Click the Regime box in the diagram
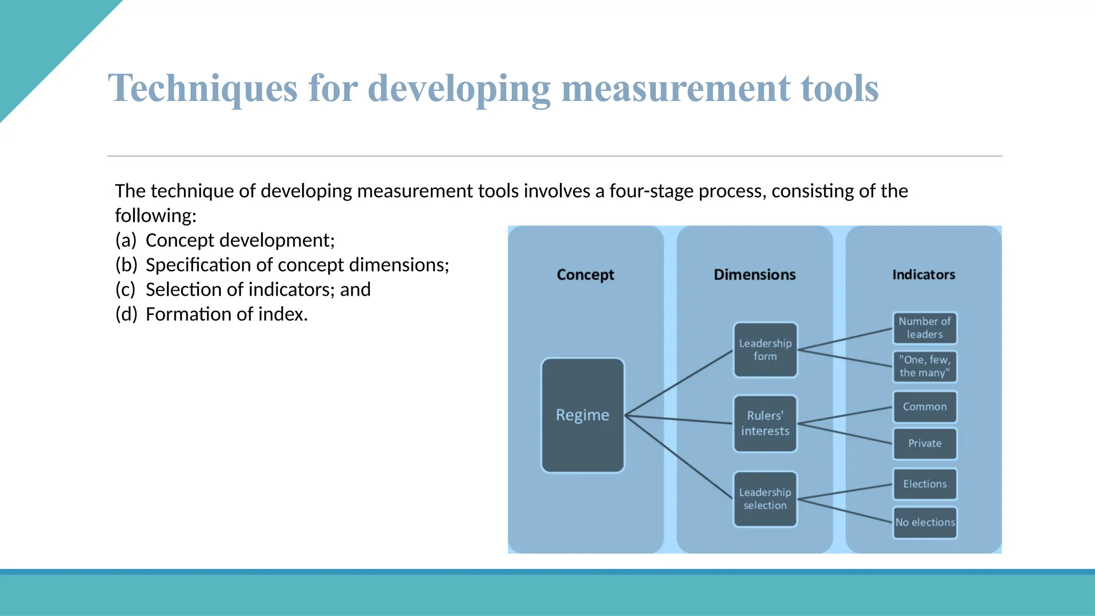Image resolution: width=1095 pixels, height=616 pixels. [x=583, y=415]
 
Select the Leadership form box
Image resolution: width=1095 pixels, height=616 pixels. [x=765, y=350]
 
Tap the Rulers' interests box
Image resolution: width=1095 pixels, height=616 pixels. [x=765, y=423]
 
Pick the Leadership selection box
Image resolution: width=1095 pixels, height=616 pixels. [x=765, y=498]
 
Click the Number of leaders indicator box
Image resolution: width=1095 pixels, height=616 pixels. [x=924, y=328]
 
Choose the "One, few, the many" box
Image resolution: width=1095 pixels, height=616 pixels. [x=924, y=366]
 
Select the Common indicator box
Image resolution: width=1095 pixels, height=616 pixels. [x=924, y=406]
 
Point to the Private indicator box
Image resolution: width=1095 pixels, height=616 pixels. [x=924, y=443]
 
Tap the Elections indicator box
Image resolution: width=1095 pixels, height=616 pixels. [x=924, y=484]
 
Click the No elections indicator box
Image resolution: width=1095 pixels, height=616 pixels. [x=925, y=522]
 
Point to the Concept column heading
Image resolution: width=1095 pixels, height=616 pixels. [x=585, y=275]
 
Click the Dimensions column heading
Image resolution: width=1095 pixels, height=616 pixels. [x=754, y=275]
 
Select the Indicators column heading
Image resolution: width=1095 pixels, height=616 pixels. [x=923, y=275]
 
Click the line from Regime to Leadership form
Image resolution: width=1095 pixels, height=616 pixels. [x=679, y=382]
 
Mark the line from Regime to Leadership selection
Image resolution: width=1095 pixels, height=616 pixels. [x=679, y=457]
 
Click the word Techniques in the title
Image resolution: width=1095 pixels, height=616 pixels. [x=203, y=88]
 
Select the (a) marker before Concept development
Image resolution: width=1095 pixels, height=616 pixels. [x=126, y=241]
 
